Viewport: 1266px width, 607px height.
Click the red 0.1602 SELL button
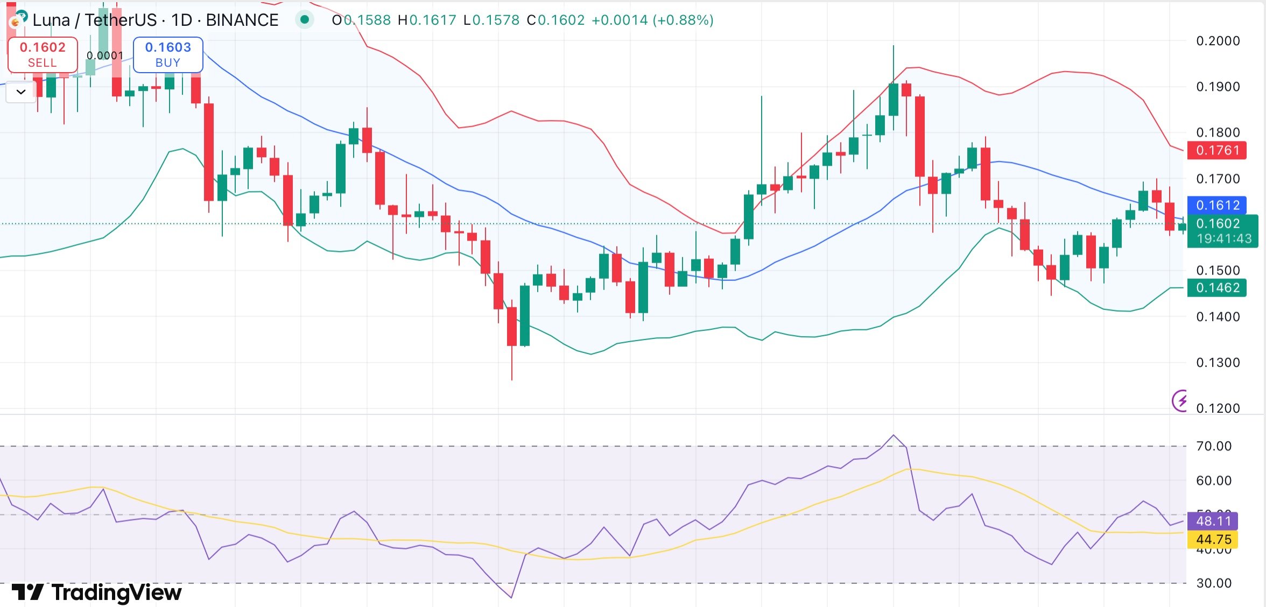[43, 54]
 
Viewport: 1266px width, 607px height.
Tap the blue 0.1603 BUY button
[168, 54]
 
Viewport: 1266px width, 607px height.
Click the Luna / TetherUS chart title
[155, 20]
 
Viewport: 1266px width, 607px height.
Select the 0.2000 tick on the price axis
[1218, 41]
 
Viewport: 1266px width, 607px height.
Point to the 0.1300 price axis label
[1218, 363]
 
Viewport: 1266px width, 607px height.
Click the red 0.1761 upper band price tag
[1217, 150]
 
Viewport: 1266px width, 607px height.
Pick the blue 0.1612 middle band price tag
[1217, 205]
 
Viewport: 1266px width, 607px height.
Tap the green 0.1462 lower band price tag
[1217, 288]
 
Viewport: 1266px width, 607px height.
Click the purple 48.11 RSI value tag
[1213, 521]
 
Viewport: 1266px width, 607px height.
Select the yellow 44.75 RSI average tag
[1213, 539]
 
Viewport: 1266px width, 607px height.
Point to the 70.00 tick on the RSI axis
[1213, 446]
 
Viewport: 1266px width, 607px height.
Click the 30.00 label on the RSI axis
[1213, 583]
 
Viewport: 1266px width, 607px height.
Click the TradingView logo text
[97, 592]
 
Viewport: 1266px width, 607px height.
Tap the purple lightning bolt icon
[1180, 401]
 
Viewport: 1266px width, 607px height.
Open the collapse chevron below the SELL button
[21, 92]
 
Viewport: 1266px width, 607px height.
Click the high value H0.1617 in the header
[427, 20]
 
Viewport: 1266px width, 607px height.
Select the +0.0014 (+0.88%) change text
[652, 20]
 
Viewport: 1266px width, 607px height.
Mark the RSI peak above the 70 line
[894, 435]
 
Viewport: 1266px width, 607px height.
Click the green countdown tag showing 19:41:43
[1223, 238]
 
